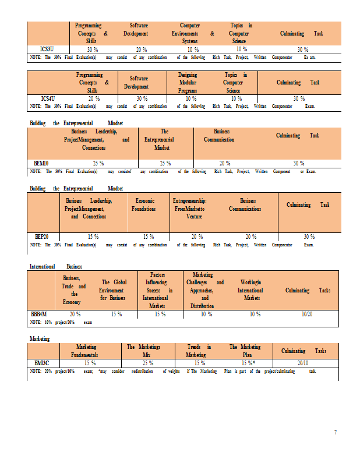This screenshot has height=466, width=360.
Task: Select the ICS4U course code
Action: click(x=50, y=98)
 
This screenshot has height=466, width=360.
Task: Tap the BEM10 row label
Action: click(x=43, y=164)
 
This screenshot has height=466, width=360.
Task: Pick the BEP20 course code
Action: click(x=42, y=236)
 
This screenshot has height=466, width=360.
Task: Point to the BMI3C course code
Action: click(x=41, y=362)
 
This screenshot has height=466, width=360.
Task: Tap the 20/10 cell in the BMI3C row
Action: click(x=303, y=362)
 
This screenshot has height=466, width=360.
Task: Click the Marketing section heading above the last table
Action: click(x=39, y=338)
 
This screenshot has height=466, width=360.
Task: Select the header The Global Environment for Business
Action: click(x=112, y=290)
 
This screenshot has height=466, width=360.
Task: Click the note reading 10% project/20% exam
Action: click(x=61, y=322)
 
